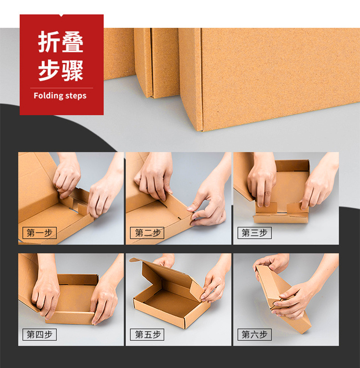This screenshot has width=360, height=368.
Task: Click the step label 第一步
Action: [x=40, y=233]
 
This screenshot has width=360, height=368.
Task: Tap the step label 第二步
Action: [x=147, y=233]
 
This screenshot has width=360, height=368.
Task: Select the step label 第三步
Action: [x=255, y=233]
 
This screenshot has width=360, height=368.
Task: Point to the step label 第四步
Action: [x=40, y=334]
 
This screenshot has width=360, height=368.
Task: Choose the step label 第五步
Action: [x=147, y=334]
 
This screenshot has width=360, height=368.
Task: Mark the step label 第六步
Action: [x=255, y=334]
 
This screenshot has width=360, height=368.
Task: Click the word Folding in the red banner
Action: [x=48, y=96]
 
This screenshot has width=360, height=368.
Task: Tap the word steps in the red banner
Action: [x=76, y=96]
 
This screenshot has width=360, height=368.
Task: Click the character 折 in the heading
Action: [x=49, y=41]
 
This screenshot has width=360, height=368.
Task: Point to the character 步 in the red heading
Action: [x=49, y=70]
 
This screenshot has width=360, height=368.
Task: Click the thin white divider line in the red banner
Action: [x=62, y=88]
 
